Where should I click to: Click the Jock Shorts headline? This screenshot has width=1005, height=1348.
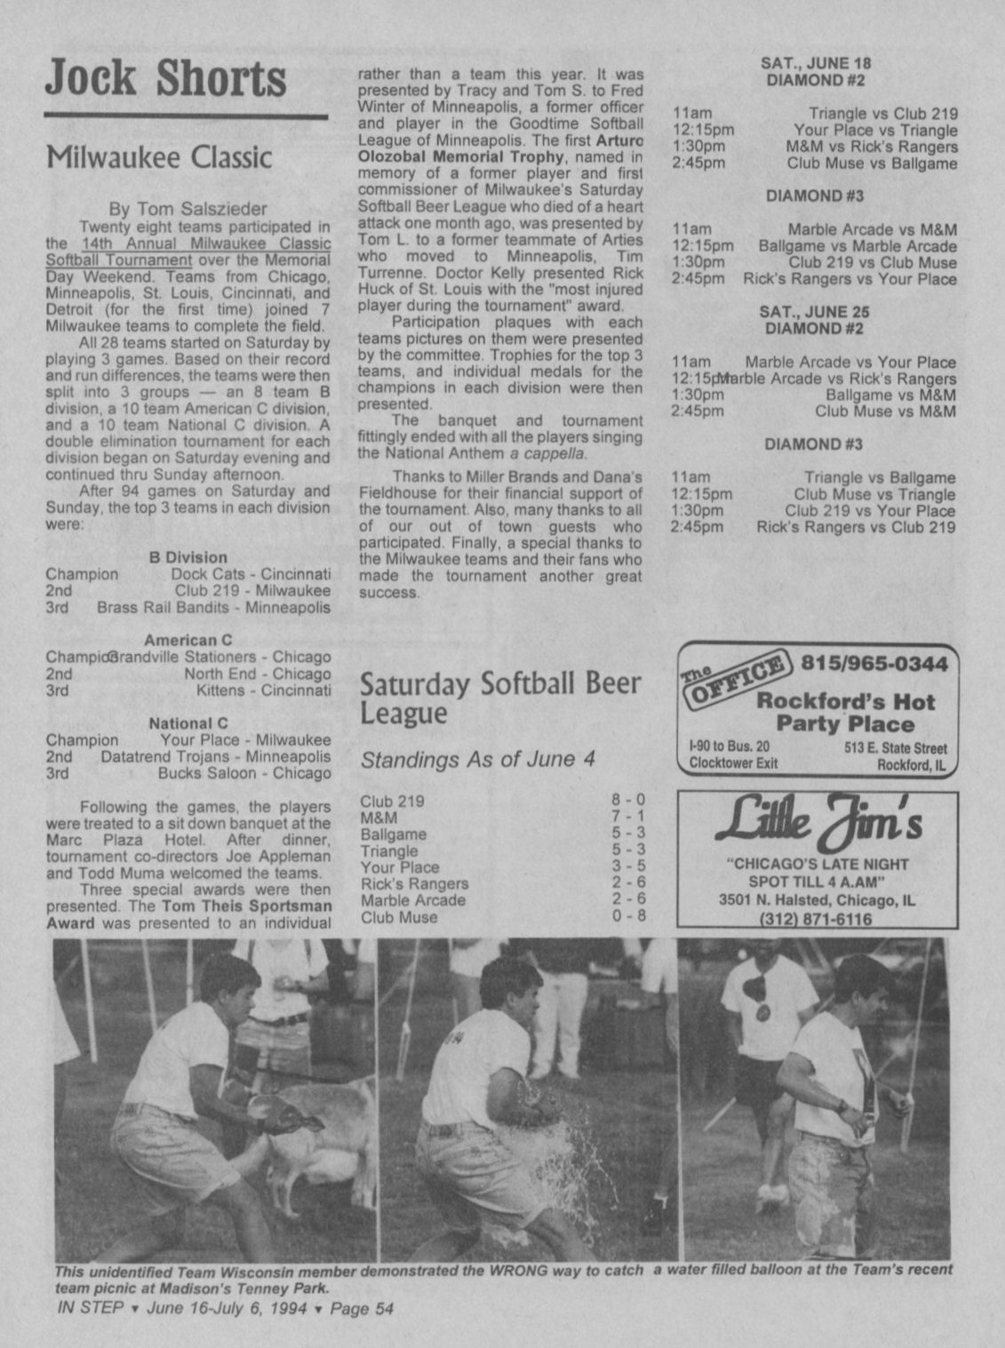(165, 78)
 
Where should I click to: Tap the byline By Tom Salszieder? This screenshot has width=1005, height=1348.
(187, 209)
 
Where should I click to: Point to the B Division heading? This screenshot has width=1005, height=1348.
(187, 557)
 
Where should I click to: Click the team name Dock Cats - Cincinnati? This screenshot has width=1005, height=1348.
(251, 574)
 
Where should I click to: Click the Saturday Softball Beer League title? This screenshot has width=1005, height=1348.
(499, 698)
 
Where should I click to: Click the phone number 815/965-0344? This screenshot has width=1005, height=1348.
(874, 664)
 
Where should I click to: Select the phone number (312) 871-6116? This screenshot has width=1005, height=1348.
(818, 920)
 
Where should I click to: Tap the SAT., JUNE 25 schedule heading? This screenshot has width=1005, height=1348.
(814, 312)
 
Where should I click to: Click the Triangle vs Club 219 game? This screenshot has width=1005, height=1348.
(882, 114)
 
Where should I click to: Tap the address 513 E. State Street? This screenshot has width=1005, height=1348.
(895, 748)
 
